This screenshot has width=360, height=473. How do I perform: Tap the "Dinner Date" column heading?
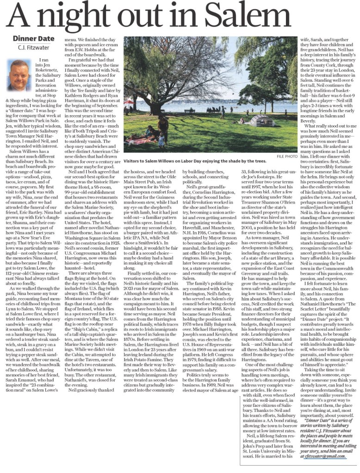click(x=33, y=39)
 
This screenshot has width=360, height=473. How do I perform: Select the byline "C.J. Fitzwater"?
click(x=33, y=48)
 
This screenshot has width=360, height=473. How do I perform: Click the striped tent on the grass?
click(x=262, y=121)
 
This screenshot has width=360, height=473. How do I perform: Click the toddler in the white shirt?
click(x=161, y=139)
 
